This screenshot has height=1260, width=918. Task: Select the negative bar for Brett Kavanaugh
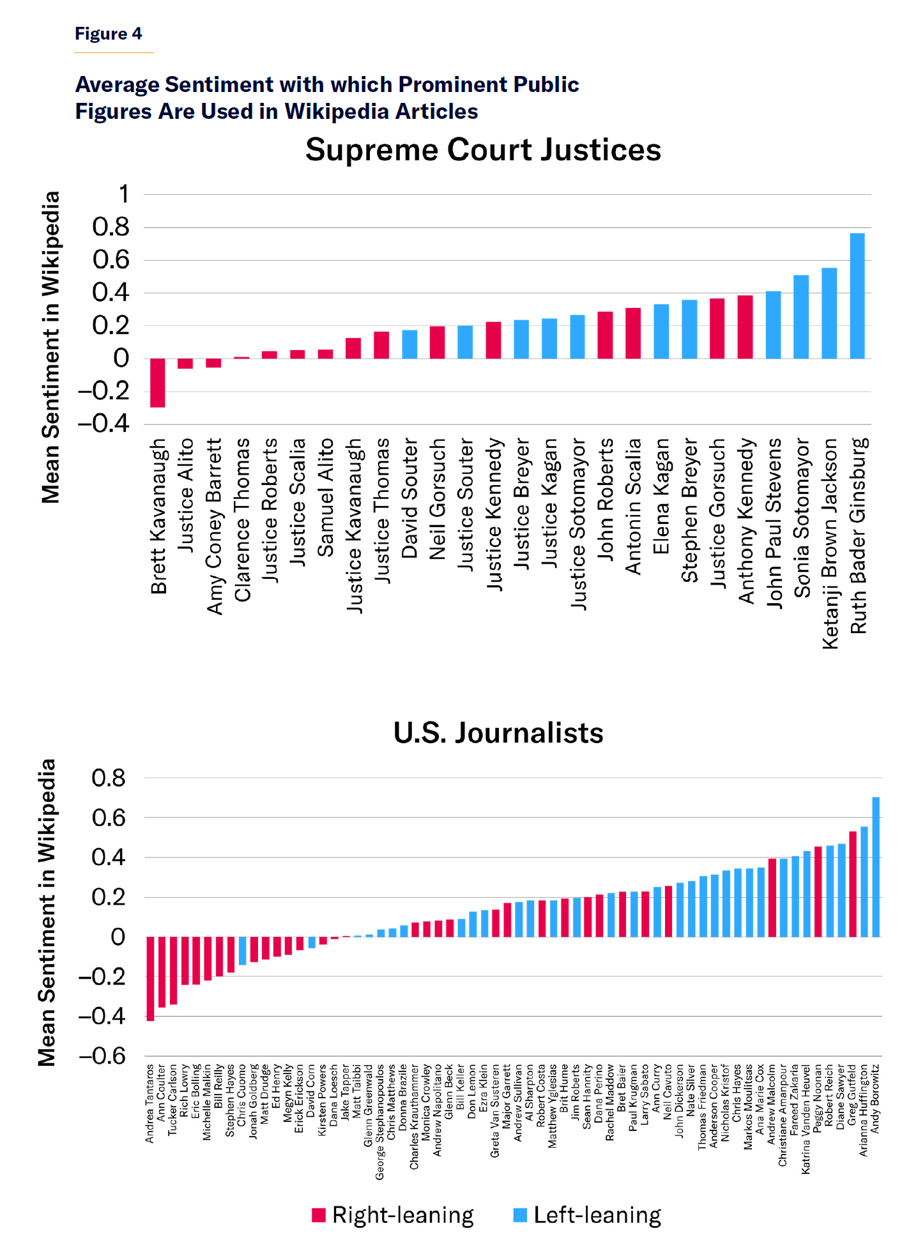tap(157, 383)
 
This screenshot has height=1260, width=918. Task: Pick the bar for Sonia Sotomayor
tap(800, 317)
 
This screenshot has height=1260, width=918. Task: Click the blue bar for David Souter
tap(409, 344)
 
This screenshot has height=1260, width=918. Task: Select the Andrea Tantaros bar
tap(150, 978)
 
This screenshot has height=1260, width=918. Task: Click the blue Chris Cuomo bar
tap(242, 951)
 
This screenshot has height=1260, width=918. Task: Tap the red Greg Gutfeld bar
tap(852, 884)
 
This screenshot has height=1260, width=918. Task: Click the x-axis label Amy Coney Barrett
tap(215, 526)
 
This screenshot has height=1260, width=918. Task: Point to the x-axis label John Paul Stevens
tap(774, 523)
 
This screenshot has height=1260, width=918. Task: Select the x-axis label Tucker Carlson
tap(173, 1099)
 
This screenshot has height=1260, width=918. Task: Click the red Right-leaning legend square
tap(318, 1215)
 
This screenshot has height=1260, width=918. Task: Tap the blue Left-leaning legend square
tap(520, 1215)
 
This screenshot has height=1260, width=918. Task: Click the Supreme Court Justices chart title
tap(483, 150)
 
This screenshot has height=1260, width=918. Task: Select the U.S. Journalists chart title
tap(498, 733)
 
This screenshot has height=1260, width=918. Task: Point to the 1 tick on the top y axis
tap(124, 194)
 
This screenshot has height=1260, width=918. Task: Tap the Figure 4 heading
tap(108, 34)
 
